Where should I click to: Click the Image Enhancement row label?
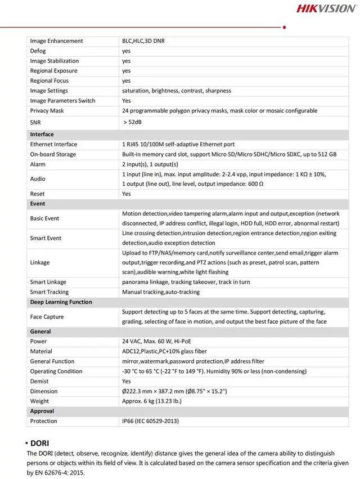[56, 41]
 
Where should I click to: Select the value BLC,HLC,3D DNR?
[143, 41]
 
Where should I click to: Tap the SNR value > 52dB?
[133, 122]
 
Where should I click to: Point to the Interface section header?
[42, 135]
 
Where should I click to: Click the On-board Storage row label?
[53, 154]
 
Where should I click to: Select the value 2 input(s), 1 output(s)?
[150, 164]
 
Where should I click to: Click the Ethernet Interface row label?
[53, 145]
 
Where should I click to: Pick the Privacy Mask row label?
[47, 111]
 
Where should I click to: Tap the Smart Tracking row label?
[49, 292]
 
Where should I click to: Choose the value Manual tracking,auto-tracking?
[161, 292]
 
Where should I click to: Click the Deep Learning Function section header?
[61, 302]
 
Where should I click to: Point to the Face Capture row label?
[47, 317]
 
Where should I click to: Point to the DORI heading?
[39, 444]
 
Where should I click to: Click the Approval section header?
[42, 411]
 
